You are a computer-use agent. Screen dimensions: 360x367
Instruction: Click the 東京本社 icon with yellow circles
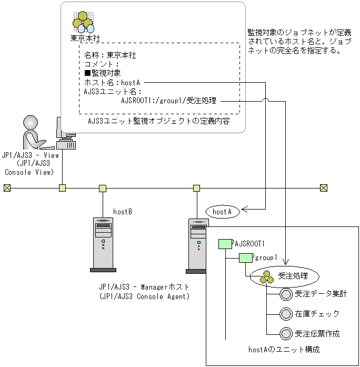[x=83, y=23]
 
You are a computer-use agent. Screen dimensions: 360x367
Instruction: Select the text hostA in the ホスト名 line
[x=131, y=83]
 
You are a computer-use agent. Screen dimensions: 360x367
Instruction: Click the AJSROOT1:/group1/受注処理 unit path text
[x=168, y=101]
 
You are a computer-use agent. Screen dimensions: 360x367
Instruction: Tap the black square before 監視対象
[x=87, y=73]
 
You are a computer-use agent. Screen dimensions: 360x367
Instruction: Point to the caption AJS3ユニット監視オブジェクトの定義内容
[x=159, y=121]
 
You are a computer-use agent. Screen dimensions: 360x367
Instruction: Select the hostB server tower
[x=103, y=245]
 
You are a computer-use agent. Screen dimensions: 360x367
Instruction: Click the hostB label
[x=123, y=212]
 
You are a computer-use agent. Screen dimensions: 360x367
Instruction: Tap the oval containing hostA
[x=223, y=212]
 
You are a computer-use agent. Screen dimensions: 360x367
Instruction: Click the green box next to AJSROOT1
[x=225, y=244]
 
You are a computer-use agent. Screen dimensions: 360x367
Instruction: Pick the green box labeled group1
[x=246, y=257]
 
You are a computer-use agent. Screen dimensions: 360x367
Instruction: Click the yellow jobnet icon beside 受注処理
[x=267, y=277]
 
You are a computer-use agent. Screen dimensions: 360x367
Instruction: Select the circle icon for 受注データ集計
[x=286, y=294]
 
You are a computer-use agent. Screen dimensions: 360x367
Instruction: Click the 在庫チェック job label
[x=317, y=314]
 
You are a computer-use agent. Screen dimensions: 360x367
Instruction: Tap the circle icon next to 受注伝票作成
[x=286, y=334]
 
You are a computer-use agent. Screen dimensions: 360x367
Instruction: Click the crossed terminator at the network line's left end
[x=7, y=188]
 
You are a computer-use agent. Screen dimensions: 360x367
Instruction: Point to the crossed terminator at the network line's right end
[x=324, y=188]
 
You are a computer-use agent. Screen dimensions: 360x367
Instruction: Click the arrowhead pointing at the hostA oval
[x=244, y=209]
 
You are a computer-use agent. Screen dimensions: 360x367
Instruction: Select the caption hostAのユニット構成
[x=284, y=350]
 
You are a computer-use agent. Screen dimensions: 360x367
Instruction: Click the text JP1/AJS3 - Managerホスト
[x=144, y=287]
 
